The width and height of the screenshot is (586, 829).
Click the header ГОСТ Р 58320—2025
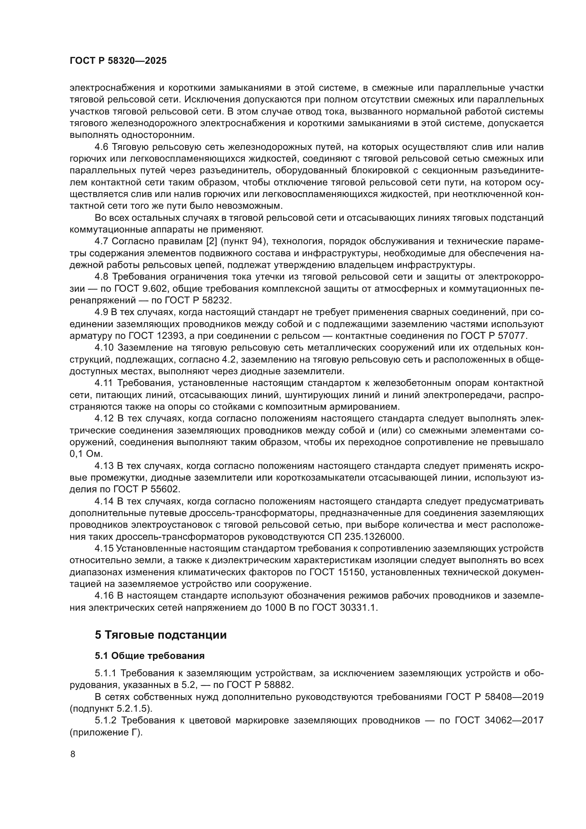coord(118,61)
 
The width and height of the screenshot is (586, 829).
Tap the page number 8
coord(73,754)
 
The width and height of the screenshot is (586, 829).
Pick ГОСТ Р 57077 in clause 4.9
coord(494,336)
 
